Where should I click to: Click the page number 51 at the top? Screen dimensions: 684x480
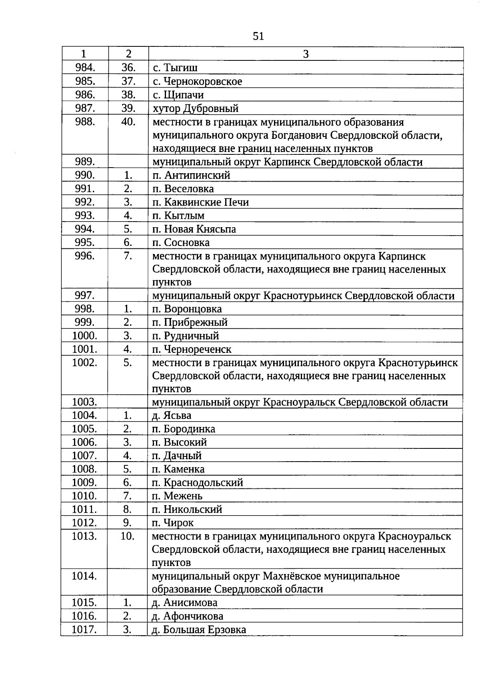[x=258, y=37]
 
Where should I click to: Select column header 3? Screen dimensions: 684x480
[x=306, y=54]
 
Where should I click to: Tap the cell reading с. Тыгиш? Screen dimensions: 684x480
[x=175, y=68]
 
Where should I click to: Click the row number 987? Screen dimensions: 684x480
[x=85, y=108]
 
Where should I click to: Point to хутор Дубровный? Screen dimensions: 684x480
[x=195, y=108]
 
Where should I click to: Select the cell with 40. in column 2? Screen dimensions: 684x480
[x=128, y=122]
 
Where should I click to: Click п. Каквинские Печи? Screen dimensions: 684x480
[x=200, y=202]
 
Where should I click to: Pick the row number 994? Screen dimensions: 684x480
[x=85, y=229]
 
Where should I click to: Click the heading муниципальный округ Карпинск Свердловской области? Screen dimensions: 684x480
[x=287, y=162]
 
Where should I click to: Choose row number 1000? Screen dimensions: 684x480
[x=84, y=336]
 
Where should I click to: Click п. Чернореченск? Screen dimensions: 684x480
[x=192, y=349]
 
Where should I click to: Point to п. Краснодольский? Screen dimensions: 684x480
[x=197, y=482]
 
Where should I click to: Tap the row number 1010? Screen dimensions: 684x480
[x=84, y=496]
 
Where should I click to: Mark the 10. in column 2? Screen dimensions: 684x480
[x=128, y=536]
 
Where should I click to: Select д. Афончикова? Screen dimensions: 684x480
[x=187, y=616]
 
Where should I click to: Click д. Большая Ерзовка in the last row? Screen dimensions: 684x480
[x=199, y=630]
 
